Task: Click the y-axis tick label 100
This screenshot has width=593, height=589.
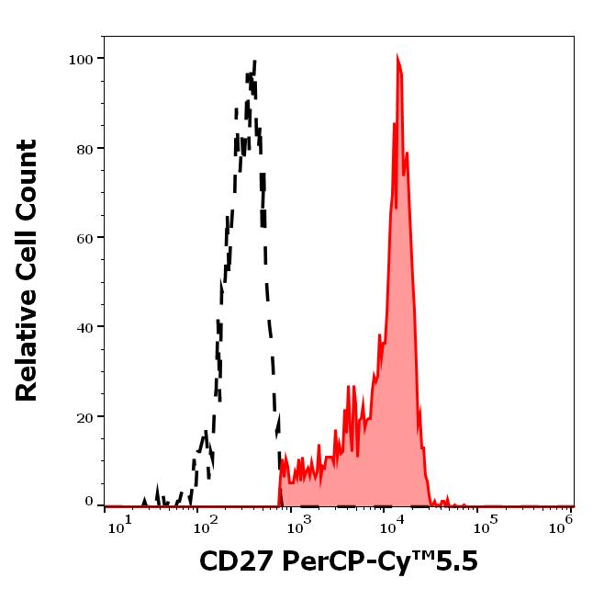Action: click(x=81, y=59)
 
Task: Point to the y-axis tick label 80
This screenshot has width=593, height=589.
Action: click(x=84, y=148)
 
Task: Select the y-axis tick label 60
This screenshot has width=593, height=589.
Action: click(x=84, y=238)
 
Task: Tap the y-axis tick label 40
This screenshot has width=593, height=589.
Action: click(x=84, y=327)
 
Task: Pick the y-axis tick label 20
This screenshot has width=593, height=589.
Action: click(x=84, y=417)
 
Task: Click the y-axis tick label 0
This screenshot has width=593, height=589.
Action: click(x=89, y=502)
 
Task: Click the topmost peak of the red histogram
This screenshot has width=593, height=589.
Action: click(x=397, y=57)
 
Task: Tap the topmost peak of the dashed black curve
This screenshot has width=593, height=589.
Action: click(x=254, y=61)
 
